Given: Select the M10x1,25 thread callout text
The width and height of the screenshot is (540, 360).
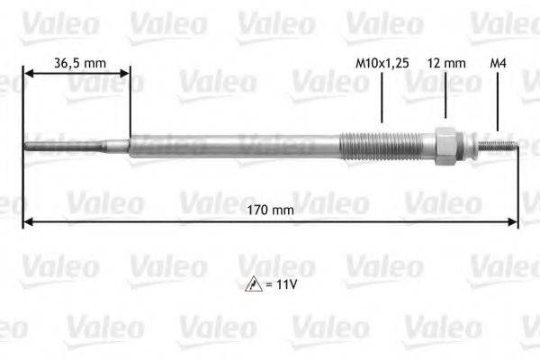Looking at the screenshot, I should (382, 63).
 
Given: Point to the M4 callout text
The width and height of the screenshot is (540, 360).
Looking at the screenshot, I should (498, 63).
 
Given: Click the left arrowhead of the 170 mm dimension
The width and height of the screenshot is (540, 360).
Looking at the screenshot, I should (28, 221).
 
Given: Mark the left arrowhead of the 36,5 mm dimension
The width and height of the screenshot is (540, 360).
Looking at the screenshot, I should (28, 75).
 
